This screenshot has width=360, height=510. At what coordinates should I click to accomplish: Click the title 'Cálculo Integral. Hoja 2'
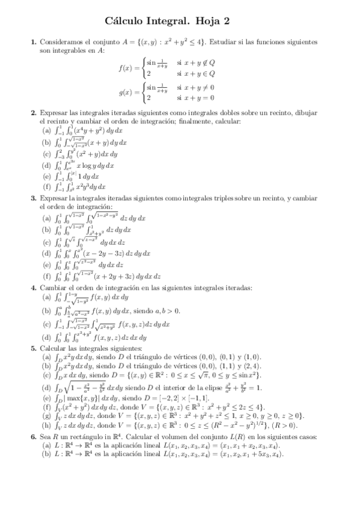(x=180, y=22)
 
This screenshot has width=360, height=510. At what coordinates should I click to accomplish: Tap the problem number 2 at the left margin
(x=33, y=112)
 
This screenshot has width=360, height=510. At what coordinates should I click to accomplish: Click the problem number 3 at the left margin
(x=33, y=198)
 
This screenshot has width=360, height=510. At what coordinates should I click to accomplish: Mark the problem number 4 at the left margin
(x=33, y=287)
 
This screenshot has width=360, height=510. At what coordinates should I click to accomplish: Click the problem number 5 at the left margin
(x=33, y=349)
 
